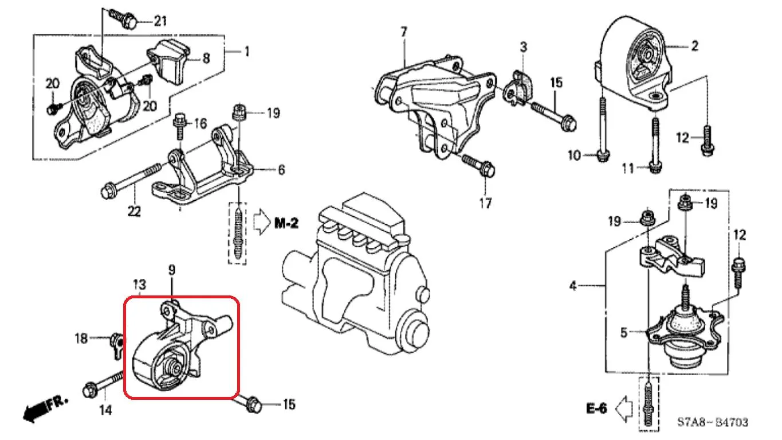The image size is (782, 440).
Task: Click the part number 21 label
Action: pos(160,21)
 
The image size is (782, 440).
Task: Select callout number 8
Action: pos(206,59)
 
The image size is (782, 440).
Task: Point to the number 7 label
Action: pos(404,32)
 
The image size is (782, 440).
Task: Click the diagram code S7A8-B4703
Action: pos(713,422)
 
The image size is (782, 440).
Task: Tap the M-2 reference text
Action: pos(286,223)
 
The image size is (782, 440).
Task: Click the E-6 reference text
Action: pos(596,408)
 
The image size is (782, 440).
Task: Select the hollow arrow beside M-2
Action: pos(262,221)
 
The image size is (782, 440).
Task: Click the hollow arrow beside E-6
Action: pos(624,408)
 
